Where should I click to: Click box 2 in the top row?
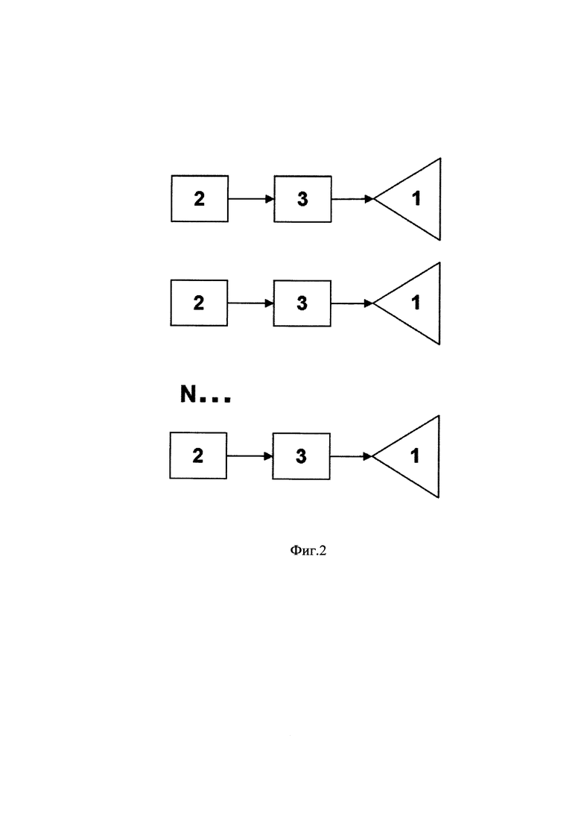click(200, 198)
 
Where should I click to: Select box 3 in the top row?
click(302, 199)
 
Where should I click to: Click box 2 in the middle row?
click(199, 303)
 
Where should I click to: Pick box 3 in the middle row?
click(302, 303)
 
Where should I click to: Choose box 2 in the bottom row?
click(198, 456)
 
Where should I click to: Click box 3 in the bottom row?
click(301, 456)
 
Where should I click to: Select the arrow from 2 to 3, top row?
click(251, 199)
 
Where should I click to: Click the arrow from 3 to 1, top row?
click(352, 199)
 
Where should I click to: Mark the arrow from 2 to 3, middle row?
click(250, 303)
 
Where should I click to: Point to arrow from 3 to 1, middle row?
click(352, 303)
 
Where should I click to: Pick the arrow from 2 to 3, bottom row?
click(250, 456)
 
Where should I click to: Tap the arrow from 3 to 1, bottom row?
click(351, 456)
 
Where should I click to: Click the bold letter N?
click(188, 394)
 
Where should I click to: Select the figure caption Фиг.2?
click(308, 551)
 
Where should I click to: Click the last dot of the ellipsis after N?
click(227, 400)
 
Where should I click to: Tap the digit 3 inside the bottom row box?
click(301, 456)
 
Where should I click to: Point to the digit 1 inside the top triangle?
click(416, 198)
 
